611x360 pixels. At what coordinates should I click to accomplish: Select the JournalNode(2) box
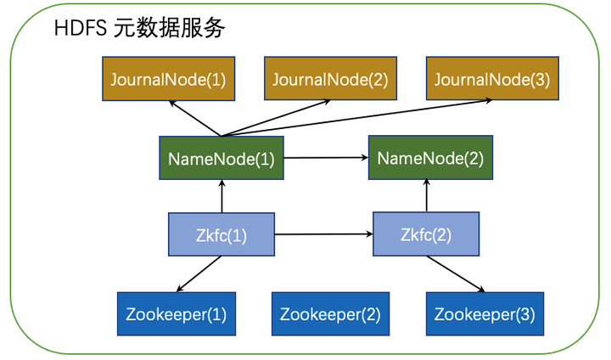329,80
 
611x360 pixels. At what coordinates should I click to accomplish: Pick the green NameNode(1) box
221,158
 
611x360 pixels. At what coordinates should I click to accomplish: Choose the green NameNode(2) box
429,158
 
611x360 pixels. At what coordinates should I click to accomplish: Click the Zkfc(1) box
221,235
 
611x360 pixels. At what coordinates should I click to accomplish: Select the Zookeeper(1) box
177,314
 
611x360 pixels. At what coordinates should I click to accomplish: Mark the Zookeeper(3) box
484,314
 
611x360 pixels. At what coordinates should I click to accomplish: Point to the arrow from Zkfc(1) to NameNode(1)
221,196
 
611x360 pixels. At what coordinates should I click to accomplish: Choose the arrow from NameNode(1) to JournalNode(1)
194,118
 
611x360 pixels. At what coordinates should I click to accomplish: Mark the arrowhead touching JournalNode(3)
488,102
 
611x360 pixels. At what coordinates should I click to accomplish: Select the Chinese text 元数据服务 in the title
165,29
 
